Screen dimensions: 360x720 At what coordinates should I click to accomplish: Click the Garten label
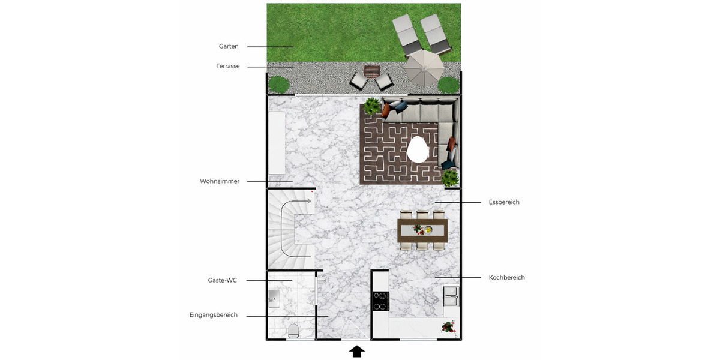point(229,46)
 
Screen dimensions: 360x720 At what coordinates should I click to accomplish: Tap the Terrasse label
point(228,67)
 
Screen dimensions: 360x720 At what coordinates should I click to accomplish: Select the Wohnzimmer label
point(220,181)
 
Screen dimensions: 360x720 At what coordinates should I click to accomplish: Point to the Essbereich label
point(504,202)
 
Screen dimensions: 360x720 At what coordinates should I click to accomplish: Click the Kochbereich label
point(507,278)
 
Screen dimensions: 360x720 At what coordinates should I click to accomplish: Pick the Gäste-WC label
point(222,280)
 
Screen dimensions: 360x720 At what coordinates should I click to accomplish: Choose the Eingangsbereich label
point(214,315)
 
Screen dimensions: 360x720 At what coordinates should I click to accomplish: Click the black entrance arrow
point(357,352)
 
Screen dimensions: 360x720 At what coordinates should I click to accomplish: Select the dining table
point(422,229)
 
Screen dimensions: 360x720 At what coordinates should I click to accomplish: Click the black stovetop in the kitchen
point(380,301)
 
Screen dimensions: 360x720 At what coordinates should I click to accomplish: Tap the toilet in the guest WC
point(293,331)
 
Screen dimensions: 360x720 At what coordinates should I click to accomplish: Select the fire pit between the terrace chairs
point(372,72)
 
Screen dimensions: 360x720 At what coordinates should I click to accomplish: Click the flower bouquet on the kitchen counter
point(448,327)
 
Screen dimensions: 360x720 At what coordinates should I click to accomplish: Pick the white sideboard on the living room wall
point(277,143)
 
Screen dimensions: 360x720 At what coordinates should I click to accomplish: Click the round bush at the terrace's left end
point(278,85)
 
